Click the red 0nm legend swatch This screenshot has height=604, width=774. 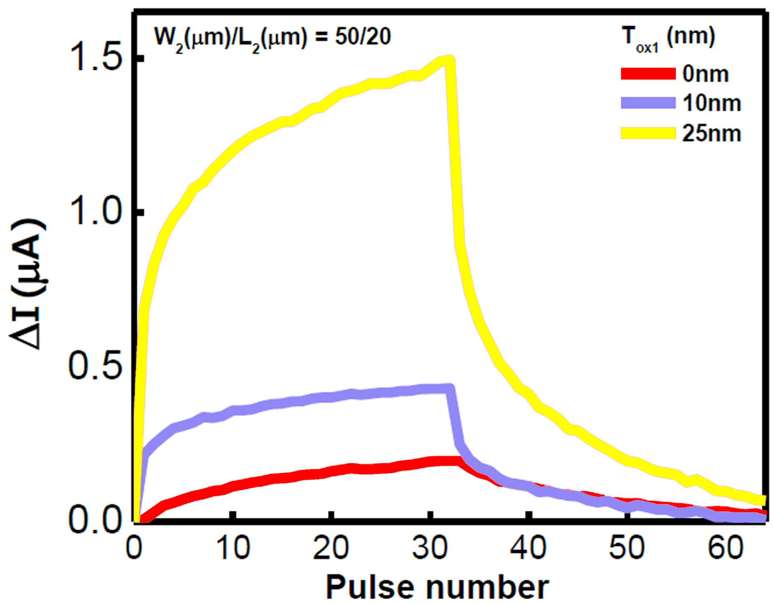pyautogui.click(x=648, y=74)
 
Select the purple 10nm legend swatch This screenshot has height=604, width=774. pyautogui.click(x=648, y=103)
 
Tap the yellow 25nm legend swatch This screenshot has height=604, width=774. pyautogui.click(x=648, y=133)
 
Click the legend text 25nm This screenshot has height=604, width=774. pyautogui.click(x=711, y=133)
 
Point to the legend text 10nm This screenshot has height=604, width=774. pyautogui.click(x=711, y=104)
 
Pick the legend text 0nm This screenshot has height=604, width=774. pyautogui.click(x=706, y=74)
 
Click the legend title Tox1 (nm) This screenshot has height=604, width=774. pyautogui.click(x=668, y=39)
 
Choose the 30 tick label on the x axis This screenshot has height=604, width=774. pyautogui.click(x=430, y=548)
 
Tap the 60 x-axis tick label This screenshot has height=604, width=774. pyautogui.click(x=725, y=548)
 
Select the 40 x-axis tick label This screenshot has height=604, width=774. pyautogui.click(x=529, y=548)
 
